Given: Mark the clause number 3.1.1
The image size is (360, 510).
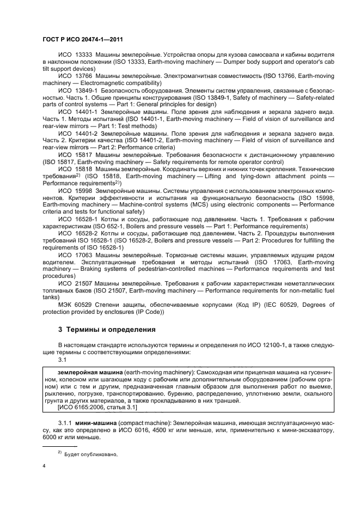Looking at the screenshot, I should pyautogui.click(x=66, y=422).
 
